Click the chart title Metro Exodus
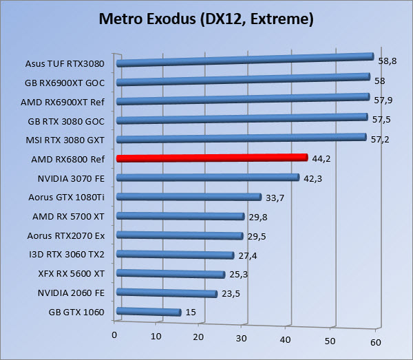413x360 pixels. [206, 19]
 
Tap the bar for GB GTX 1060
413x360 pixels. [149, 313]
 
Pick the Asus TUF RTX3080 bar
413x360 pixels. [244, 61]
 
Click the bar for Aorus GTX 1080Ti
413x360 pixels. [189, 197]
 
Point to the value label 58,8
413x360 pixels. [386, 61]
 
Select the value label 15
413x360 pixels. [191, 313]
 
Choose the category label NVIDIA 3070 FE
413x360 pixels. [72, 178]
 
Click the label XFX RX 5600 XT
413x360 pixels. [72, 273]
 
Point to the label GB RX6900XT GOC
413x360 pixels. [67, 82]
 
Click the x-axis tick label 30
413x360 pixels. [242, 337]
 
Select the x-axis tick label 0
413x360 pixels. [114, 335]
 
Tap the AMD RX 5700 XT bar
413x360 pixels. [181, 216]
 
